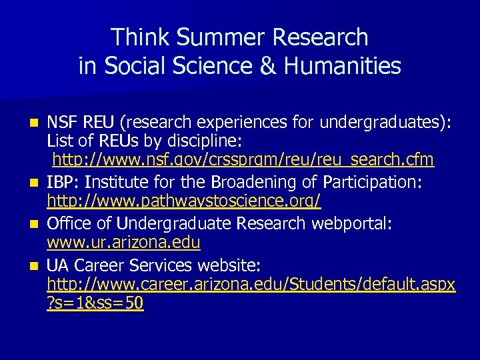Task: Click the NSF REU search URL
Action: point(243,160)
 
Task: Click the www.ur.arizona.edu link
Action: point(123,241)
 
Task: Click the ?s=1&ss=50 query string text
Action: point(95,303)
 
